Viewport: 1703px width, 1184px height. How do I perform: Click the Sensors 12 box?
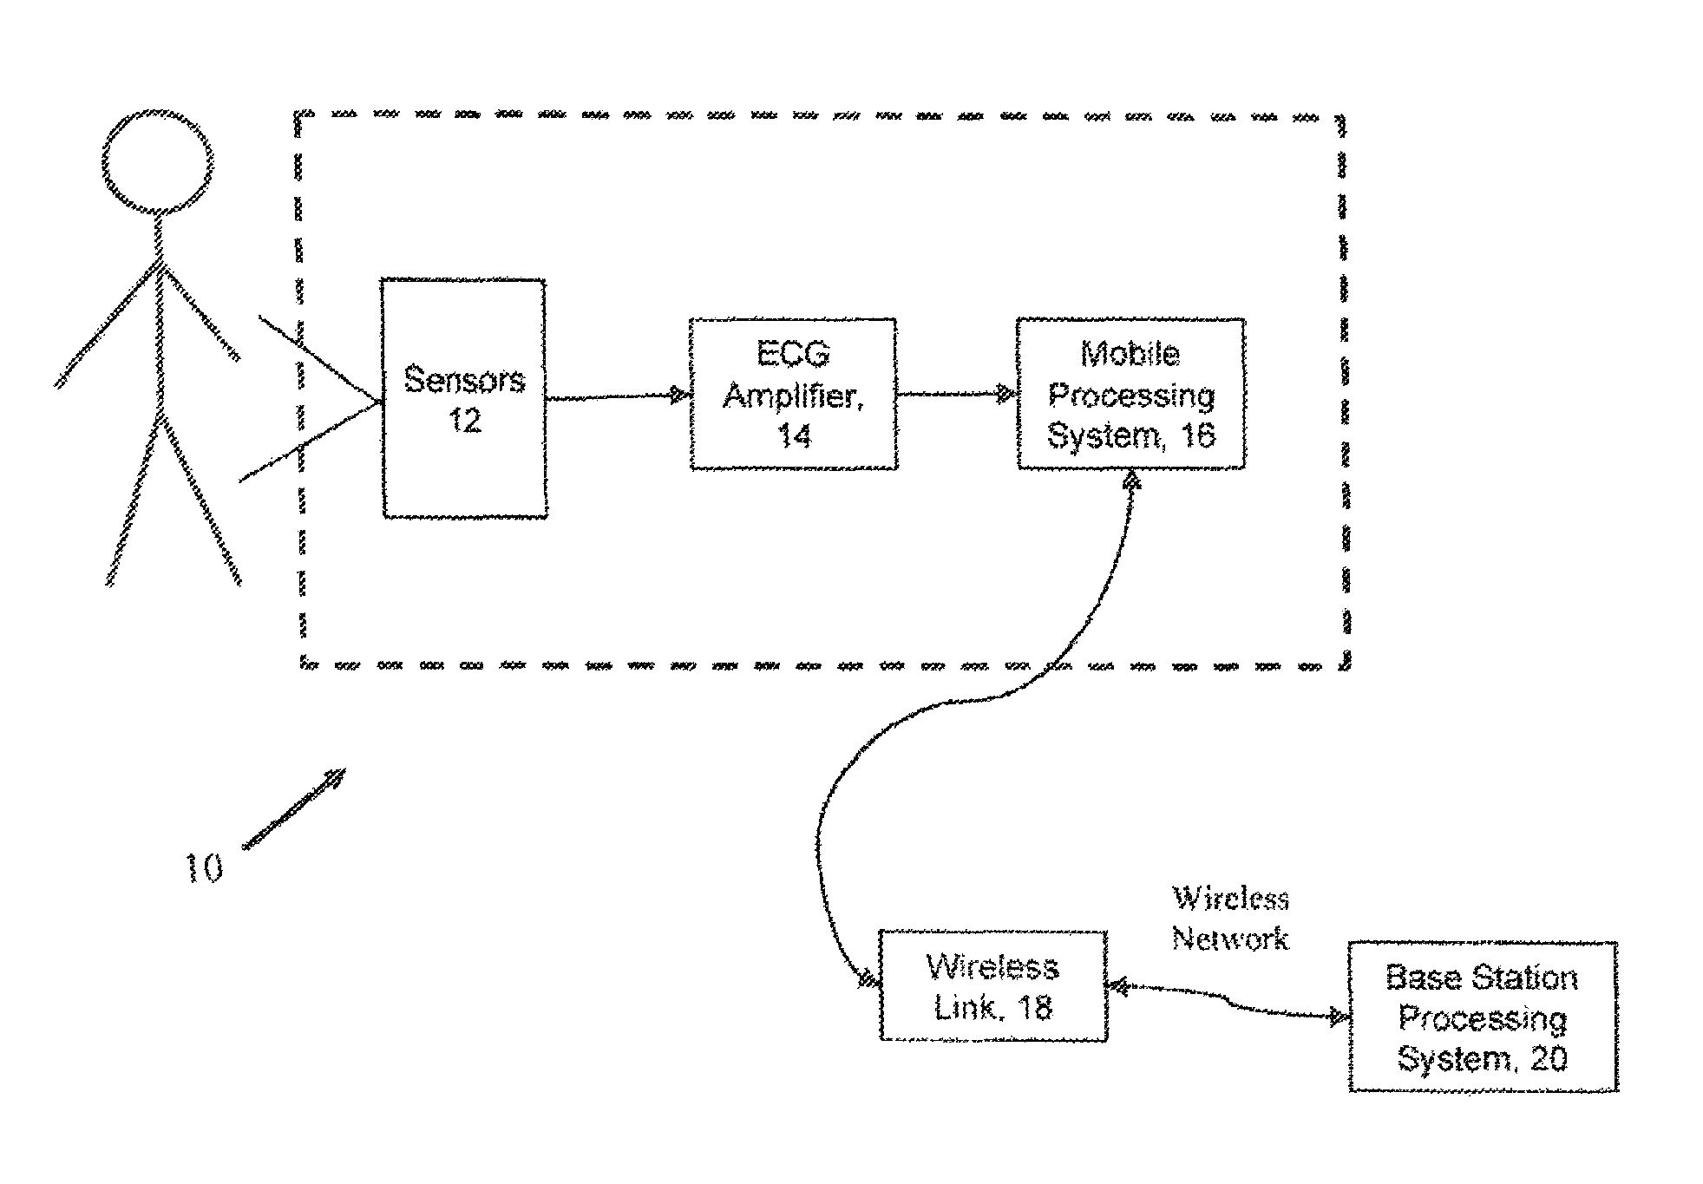point(465,398)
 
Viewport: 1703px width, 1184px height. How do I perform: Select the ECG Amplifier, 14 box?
point(793,394)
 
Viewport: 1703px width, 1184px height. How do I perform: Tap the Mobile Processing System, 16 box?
point(1130,394)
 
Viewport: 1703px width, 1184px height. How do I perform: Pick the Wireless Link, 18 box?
point(992,985)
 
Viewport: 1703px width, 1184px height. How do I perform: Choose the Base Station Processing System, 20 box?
point(1483,1016)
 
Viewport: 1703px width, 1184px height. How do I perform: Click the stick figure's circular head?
point(157,161)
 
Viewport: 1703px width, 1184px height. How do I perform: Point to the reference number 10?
point(205,868)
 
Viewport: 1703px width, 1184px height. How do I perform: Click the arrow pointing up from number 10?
point(295,807)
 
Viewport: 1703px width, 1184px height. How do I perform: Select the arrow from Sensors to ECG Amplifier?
point(616,396)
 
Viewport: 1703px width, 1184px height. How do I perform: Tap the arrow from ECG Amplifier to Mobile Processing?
point(954,395)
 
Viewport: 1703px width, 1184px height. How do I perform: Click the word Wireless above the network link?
point(1230,898)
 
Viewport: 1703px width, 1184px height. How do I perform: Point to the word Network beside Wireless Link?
point(1230,938)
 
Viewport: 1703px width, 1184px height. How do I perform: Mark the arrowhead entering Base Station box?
point(1340,1016)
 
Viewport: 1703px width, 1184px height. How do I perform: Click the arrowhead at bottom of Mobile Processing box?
point(1131,480)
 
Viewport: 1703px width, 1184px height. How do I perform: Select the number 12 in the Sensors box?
point(464,421)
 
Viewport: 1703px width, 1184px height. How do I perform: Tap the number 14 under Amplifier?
point(793,435)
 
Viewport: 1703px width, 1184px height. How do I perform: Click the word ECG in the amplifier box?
point(793,354)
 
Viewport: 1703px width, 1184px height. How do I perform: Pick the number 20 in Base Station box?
point(1547,1058)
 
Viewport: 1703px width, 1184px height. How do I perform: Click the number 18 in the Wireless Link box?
point(1032,1007)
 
